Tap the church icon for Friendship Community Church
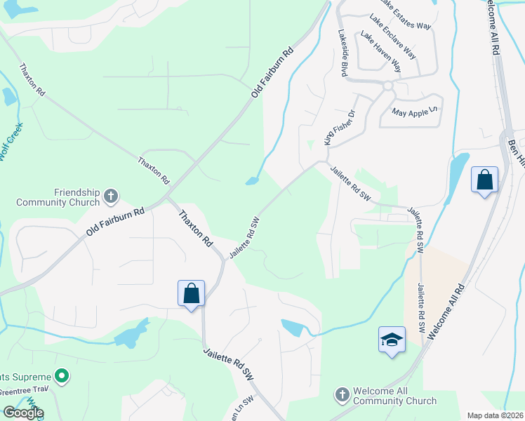(x=110, y=196)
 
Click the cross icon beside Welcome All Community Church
(x=342, y=395)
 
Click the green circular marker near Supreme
(x=62, y=377)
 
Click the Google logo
(x=22, y=413)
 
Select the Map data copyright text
(x=493, y=415)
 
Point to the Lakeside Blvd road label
(x=343, y=53)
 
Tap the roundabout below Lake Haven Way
(x=387, y=86)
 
